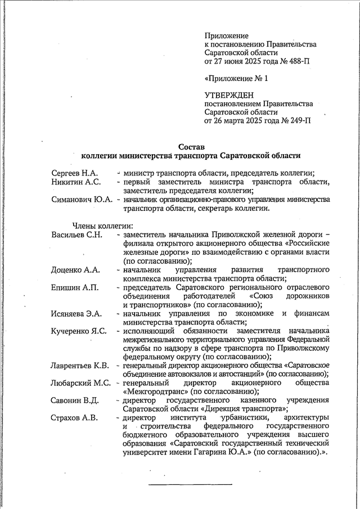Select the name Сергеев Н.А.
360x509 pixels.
click(x=75, y=172)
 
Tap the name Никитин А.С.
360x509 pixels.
click(x=76, y=182)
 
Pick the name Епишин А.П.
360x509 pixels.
click(x=75, y=287)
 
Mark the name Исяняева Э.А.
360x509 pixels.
click(x=76, y=313)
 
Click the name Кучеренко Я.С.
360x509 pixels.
click(x=79, y=331)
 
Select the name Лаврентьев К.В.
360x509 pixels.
click(x=80, y=366)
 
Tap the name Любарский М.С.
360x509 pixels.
click(x=80, y=383)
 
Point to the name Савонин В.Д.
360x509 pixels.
click(x=75, y=400)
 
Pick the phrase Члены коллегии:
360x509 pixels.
click(x=99, y=226)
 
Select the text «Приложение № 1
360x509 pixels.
click(x=236, y=78)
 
